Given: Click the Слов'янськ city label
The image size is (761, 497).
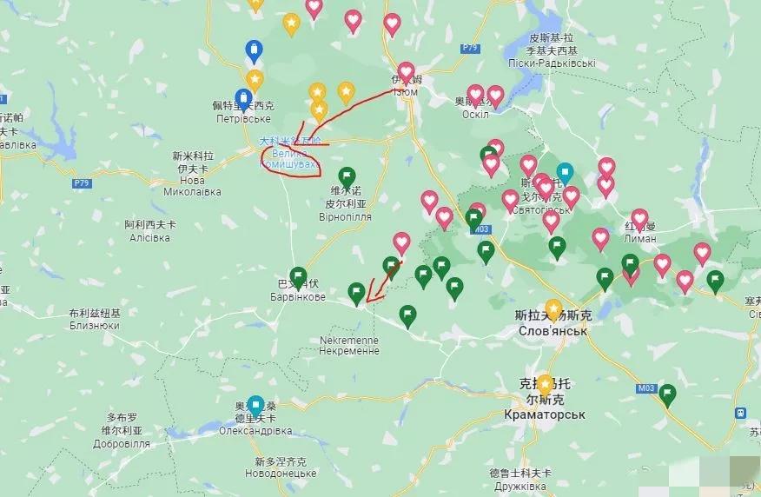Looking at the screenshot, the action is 553,332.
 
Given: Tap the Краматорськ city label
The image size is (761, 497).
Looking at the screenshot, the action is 545,414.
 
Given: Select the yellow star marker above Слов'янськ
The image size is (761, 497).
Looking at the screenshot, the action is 553,308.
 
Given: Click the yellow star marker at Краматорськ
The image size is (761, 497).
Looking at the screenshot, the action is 545,382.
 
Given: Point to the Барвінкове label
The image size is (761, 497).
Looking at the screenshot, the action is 296,297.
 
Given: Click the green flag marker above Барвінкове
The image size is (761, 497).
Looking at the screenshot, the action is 298,275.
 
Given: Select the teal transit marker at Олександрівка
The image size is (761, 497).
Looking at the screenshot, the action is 255,405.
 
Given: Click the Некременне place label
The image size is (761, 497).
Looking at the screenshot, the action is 349,351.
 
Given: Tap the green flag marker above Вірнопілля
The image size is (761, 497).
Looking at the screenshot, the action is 347,177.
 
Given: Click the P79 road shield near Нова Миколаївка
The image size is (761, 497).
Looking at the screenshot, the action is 83,183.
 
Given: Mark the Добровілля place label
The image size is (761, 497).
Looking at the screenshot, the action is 124,443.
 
